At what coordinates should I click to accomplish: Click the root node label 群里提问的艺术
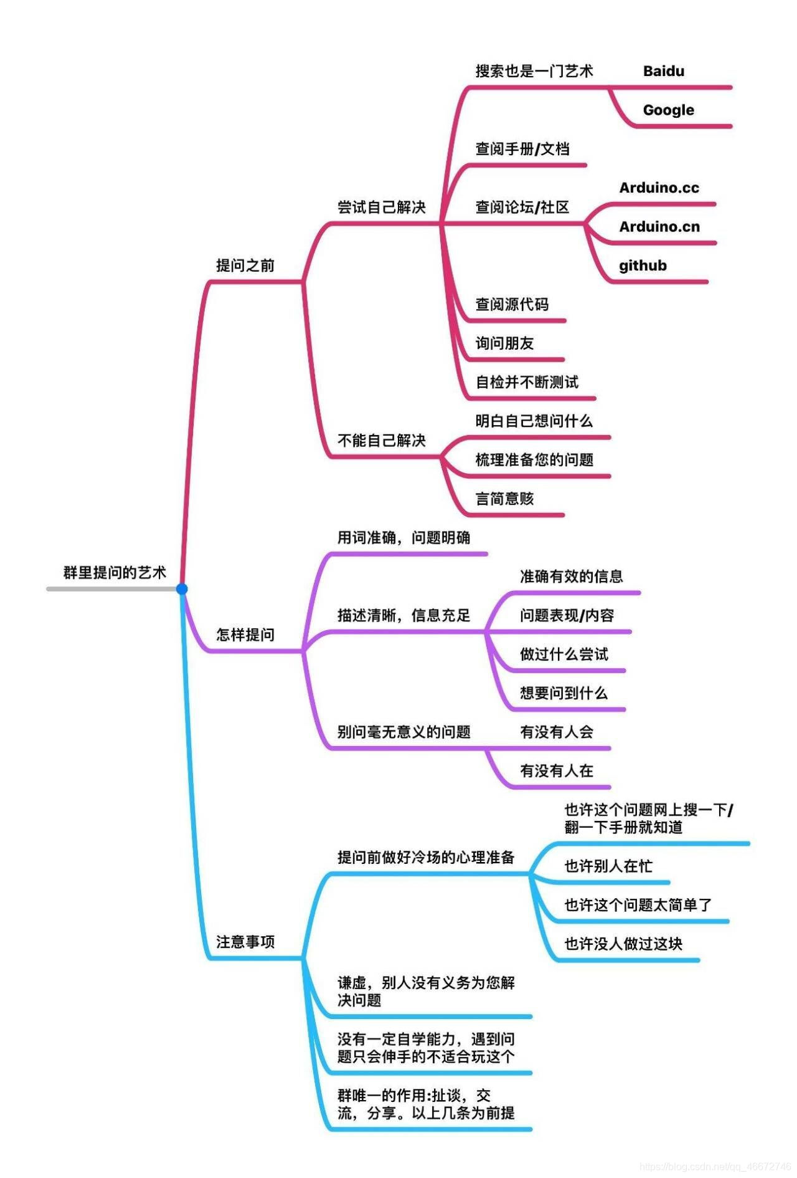coord(115,572)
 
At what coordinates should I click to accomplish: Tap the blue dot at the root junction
coord(182,588)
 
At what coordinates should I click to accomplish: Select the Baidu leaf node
coord(663,71)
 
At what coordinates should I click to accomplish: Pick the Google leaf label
coord(668,110)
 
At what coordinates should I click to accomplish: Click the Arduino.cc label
coord(659,188)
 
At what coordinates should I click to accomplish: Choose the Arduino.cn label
coord(659,227)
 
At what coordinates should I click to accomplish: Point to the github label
coord(643,266)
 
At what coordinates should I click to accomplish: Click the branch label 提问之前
coord(245,266)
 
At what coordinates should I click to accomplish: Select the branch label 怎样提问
coord(245,634)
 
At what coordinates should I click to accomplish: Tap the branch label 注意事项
coord(245,941)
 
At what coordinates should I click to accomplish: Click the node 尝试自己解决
coord(381,207)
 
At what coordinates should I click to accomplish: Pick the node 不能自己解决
coord(381,441)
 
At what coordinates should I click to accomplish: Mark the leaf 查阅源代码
coord(512,304)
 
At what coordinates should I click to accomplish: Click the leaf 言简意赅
coord(504,499)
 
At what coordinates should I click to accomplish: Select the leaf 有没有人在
coord(556,771)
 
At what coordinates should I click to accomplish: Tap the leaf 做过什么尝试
coord(564,654)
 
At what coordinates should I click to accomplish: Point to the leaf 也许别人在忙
coord(608,866)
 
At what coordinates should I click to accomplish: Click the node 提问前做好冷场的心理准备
coord(426,857)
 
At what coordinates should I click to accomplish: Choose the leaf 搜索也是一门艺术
coord(534,71)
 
